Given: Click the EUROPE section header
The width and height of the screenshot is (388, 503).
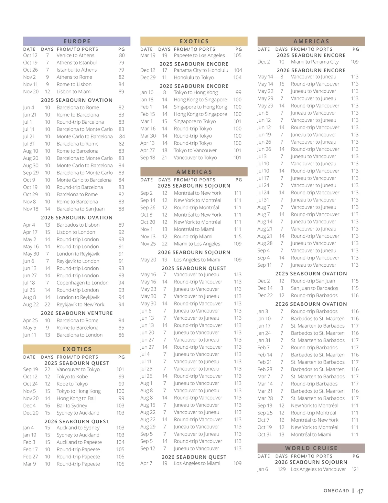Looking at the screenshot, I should coord(77,41).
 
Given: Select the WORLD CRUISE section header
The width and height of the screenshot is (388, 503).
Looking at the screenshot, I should coord(311,448).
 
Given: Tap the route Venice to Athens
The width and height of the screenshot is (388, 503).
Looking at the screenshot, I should coord(75,56).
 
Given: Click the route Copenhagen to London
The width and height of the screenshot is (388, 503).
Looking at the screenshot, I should coord(82,283).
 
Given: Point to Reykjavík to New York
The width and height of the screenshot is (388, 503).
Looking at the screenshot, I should coord(80,304).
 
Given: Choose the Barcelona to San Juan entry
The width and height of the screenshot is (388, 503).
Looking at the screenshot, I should coord(81,209).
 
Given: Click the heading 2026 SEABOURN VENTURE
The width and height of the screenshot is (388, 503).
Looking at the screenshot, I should coord(77,313).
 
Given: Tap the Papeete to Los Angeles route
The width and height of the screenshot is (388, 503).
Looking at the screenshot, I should coord(199,56).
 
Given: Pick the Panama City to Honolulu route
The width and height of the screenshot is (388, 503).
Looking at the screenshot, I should coord(201,70).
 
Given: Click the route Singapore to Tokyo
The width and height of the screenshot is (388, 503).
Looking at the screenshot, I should coord(195,121).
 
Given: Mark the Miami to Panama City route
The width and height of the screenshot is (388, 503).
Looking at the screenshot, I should coord(315,62).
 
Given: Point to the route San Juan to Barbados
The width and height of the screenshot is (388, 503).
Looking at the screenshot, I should coord(314,288).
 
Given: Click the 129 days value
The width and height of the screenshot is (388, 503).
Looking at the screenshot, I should coord(282,469).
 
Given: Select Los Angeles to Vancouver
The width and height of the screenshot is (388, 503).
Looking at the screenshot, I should coord(318,469).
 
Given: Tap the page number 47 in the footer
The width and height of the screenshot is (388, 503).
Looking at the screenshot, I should coord(360,491).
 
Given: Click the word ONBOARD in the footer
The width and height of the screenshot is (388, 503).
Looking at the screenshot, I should coord(336,491).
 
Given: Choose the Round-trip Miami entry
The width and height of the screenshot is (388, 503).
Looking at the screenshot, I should coord(193,236).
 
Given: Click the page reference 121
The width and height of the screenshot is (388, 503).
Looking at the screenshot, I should coord(355,469).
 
